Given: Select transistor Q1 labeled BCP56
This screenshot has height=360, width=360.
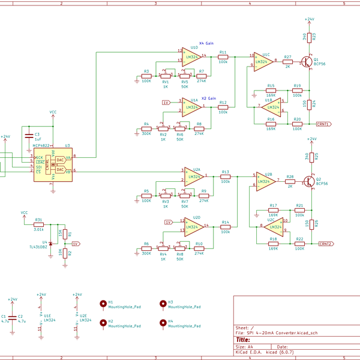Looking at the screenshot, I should click(307, 61).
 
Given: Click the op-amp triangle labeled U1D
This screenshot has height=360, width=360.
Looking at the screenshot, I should click(193, 56).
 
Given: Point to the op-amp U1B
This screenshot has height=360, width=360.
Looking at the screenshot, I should click(272, 109).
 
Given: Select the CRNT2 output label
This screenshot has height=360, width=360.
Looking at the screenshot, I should click(326, 244).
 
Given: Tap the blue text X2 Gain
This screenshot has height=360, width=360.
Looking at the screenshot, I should click(208, 97).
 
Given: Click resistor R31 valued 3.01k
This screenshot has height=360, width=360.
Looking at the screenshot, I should click(39, 224).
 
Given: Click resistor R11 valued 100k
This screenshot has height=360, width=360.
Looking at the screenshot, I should click(223, 56).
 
